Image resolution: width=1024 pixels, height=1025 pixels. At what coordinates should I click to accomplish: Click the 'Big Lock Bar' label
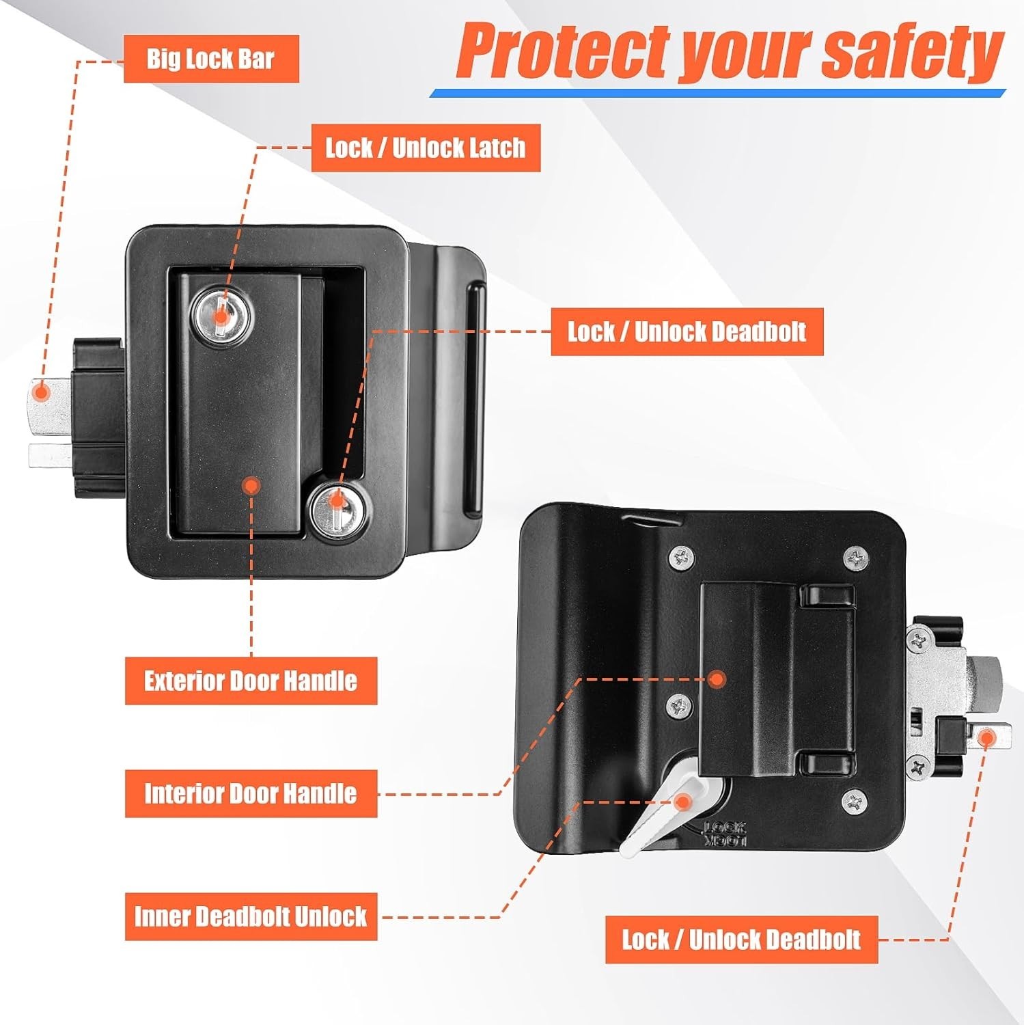(211, 59)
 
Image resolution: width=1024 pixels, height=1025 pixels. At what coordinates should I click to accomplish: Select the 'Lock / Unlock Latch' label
(426, 148)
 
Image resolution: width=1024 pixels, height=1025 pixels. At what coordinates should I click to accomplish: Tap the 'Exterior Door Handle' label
(251, 681)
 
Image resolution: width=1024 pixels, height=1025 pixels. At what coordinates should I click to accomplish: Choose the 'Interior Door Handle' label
(251, 793)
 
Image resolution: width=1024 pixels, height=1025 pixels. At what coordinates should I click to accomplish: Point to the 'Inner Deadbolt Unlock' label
(251, 916)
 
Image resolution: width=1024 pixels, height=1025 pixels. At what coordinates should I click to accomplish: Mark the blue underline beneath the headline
(717, 94)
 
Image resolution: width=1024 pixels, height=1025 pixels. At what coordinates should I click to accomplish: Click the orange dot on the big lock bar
(41, 393)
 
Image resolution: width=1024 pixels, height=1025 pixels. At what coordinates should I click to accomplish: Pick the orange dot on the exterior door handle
(252, 486)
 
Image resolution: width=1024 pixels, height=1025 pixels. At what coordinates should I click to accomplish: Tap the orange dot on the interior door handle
(717, 679)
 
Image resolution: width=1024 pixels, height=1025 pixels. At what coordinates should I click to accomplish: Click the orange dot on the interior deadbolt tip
(986, 738)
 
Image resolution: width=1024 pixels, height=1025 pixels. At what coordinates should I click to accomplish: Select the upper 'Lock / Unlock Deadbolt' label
(687, 332)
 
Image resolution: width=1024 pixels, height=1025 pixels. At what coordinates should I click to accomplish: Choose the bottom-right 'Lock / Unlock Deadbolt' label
(741, 940)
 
